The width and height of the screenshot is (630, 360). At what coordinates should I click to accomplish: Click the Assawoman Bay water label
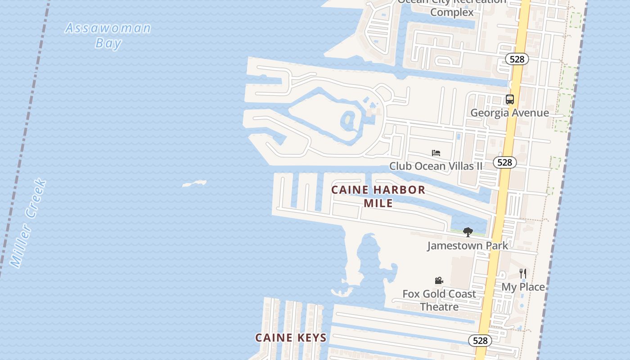click(108, 35)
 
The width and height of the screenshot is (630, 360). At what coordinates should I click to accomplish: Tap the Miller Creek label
click(28, 223)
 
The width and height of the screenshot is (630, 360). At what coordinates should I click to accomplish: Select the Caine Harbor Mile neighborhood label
click(378, 196)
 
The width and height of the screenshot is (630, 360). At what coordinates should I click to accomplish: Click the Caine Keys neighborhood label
click(291, 337)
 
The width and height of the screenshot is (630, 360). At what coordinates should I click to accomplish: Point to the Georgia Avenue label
click(509, 112)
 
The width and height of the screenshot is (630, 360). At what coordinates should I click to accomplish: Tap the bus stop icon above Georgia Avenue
click(509, 99)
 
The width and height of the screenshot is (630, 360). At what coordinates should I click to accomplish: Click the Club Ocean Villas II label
click(436, 166)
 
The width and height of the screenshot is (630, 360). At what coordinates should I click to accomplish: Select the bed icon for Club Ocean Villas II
click(436, 153)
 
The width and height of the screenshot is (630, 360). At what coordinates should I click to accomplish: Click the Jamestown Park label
click(467, 245)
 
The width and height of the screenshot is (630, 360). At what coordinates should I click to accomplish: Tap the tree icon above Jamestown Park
click(468, 232)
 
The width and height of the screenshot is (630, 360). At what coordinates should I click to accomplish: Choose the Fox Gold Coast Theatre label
click(439, 300)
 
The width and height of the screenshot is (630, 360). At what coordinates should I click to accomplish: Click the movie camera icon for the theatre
click(439, 281)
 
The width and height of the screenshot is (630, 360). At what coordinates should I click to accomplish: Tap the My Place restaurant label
click(523, 287)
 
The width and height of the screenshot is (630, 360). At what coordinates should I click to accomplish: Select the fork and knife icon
click(523, 273)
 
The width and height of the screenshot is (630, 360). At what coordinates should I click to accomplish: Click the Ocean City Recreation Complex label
click(452, 7)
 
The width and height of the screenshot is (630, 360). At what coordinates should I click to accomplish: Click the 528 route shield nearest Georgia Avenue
click(517, 59)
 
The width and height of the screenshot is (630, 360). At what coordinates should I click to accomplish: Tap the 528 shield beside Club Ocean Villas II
click(504, 162)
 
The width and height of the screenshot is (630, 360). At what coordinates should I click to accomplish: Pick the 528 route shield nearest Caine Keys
click(480, 341)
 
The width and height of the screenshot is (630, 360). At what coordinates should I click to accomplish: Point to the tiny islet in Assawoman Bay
click(194, 184)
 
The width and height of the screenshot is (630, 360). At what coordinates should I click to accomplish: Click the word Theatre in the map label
click(439, 307)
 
